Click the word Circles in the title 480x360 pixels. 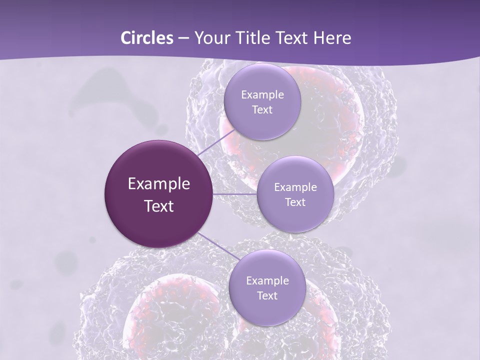coord(147,38)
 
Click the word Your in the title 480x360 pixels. coord(209,38)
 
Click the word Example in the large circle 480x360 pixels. coord(159,184)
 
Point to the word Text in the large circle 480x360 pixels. coord(159,206)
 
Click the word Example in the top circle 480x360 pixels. coord(262,95)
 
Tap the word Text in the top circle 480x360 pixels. coord(262,110)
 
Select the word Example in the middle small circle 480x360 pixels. coord(295,187)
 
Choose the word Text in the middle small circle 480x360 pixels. coord(295,202)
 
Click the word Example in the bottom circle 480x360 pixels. coord(267,281)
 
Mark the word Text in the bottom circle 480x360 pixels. coord(267,296)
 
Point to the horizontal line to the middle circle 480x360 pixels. coord(235,194)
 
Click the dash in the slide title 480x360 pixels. coord(183,38)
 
